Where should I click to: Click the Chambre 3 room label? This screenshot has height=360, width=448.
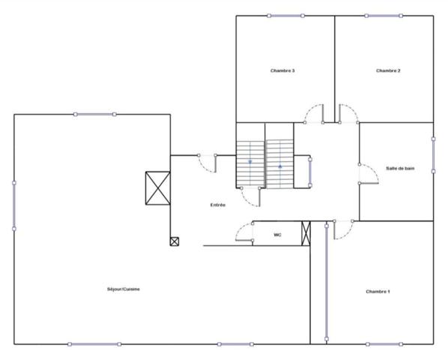pyautogui.click(x=282, y=70)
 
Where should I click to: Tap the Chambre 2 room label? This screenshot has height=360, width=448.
pyautogui.click(x=388, y=70)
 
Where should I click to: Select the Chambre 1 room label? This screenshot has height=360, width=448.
pyautogui.click(x=378, y=291)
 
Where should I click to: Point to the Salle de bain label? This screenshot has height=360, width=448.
pyautogui.click(x=400, y=169)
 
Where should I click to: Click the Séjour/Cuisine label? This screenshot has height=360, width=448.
pyautogui.click(x=124, y=289)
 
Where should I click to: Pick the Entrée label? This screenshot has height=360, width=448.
pyautogui.click(x=218, y=204)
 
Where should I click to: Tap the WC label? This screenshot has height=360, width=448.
pyautogui.click(x=277, y=235)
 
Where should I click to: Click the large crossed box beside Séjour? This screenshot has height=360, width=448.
pyautogui.click(x=158, y=187)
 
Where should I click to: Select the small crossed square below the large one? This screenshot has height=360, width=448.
pyautogui.click(x=175, y=241)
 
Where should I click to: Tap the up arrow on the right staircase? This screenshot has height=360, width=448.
pyautogui.click(x=280, y=166)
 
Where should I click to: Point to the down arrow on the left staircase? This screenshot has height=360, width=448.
pyautogui.click(x=250, y=161)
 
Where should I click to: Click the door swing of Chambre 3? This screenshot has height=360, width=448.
pyautogui.click(x=313, y=113)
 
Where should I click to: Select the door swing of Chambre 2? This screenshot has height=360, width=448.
pyautogui.click(x=349, y=113)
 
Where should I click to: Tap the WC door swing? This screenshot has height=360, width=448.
pyautogui.click(x=244, y=233)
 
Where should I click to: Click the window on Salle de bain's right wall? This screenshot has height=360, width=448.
pyautogui.click(x=433, y=154)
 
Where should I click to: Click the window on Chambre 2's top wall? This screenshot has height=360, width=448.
pyautogui.click(x=384, y=15)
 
